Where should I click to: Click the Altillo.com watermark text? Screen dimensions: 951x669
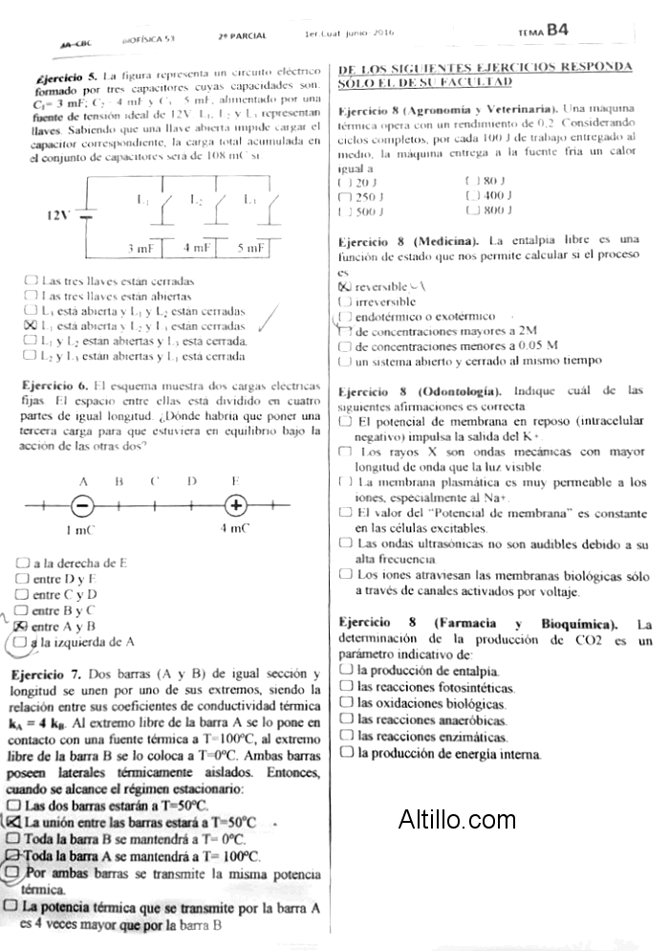[457, 819]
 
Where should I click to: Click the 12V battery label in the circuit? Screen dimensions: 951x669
[59, 214]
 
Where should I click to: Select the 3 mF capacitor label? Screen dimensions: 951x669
[141, 248]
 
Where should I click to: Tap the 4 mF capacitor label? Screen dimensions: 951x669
[197, 248]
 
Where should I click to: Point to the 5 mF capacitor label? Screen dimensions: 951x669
[251, 248]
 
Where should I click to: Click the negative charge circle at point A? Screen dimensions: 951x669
[83, 505]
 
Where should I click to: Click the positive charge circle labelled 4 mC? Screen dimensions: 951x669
[234, 505]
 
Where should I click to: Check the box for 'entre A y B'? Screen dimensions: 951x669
[22, 626]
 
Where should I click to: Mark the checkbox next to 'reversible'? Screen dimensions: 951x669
[345, 286]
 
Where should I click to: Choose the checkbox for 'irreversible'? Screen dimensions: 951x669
[345, 301]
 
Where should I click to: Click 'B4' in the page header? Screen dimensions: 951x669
[557, 31]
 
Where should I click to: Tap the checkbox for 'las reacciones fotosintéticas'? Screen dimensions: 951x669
[346, 687]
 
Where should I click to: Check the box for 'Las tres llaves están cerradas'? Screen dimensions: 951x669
[32, 281]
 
